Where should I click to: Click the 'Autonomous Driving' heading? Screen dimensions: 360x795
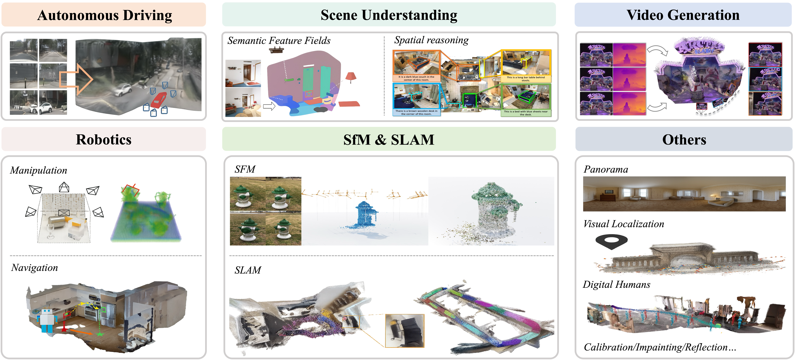click(x=104, y=15)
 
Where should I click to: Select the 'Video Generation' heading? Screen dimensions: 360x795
click(x=683, y=15)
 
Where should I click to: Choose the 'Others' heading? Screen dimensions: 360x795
click(x=684, y=140)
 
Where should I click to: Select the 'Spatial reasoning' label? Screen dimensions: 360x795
click(x=431, y=40)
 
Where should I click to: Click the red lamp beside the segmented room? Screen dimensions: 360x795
click(x=351, y=77)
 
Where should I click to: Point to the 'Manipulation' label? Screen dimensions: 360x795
click(x=39, y=170)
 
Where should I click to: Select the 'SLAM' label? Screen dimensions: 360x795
click(x=247, y=270)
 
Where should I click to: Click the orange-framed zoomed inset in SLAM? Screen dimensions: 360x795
click(x=405, y=330)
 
